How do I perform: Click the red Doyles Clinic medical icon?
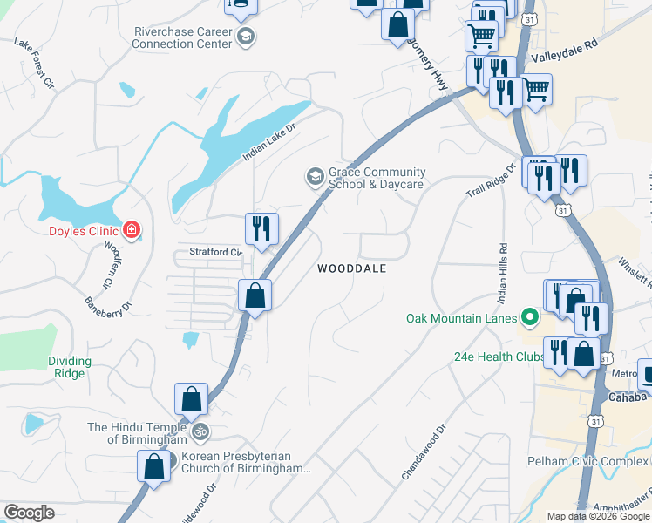(132, 230)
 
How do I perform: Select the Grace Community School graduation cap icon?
(313, 178)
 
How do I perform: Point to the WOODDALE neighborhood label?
(351, 269)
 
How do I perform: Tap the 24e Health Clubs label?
(494, 357)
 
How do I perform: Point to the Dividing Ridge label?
(69, 367)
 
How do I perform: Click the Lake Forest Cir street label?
(35, 64)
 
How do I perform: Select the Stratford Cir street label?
(208, 252)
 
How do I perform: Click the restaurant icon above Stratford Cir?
(261, 229)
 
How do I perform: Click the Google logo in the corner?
(29, 512)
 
